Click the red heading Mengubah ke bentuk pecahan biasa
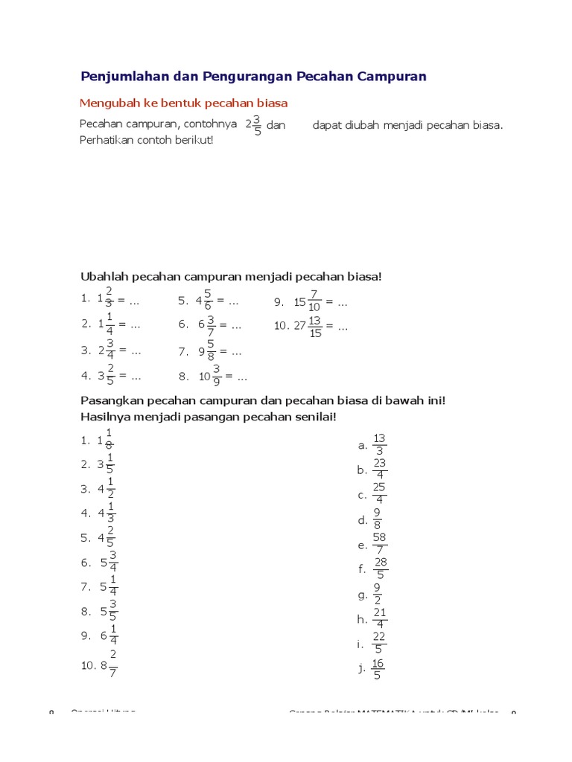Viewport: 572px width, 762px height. pyautogui.click(x=183, y=103)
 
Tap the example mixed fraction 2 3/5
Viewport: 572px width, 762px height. pyautogui.click(x=253, y=125)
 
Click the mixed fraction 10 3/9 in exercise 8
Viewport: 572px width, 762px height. pyautogui.click(x=210, y=376)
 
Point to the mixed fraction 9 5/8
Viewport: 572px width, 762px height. pyautogui.click(x=208, y=350)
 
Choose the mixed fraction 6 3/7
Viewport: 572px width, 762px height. pyautogui.click(x=207, y=325)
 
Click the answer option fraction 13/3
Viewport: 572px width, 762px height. pyautogui.click(x=379, y=445)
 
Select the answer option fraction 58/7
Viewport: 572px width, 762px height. pyautogui.click(x=379, y=545)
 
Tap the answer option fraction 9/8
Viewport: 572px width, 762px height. pyautogui.click(x=378, y=520)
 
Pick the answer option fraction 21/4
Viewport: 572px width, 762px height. pyautogui.click(x=379, y=619)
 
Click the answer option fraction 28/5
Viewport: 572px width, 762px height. pyautogui.click(x=380, y=569)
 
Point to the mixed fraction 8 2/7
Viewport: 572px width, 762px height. pyautogui.click(x=109, y=665)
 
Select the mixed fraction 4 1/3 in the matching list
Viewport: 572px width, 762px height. pyautogui.click(x=107, y=513)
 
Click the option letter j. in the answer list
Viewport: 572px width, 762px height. pyautogui.click(x=361, y=668)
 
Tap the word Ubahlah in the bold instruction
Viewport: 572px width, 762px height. pyautogui.click(x=102, y=277)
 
